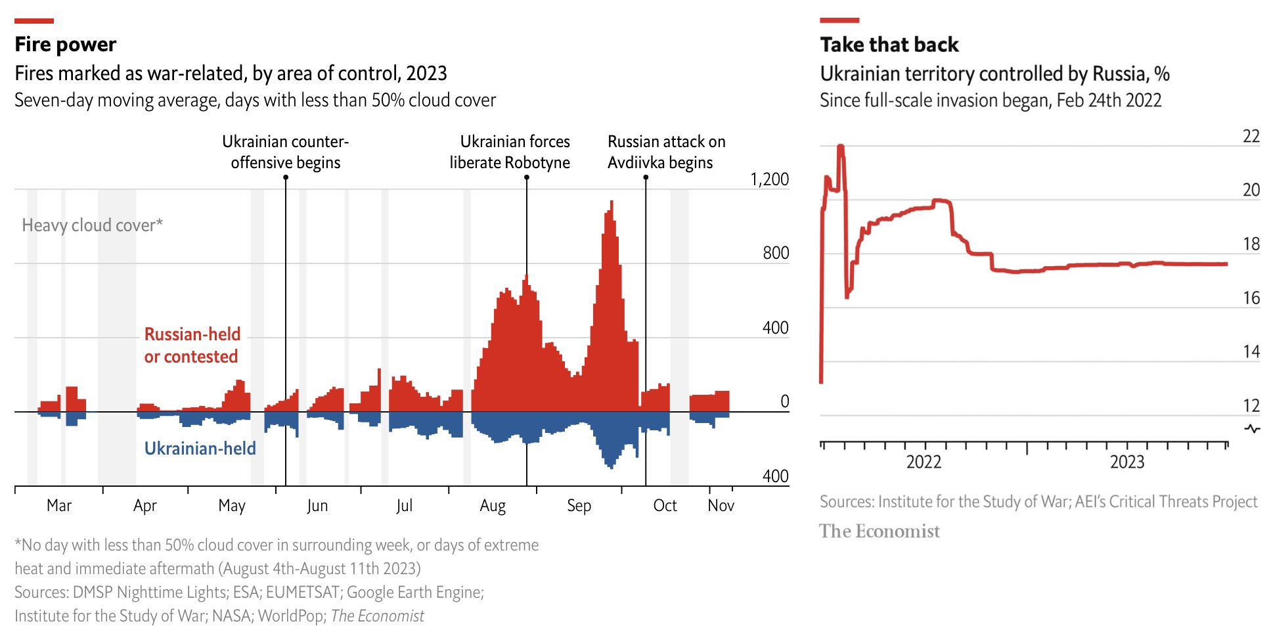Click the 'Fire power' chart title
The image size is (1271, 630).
(x=66, y=44)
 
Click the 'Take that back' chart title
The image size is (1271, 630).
(x=889, y=44)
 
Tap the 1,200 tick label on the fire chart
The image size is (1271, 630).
(x=769, y=179)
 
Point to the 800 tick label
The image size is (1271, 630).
(x=776, y=253)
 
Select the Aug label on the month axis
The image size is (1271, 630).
(x=493, y=505)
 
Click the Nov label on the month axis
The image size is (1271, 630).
(x=721, y=505)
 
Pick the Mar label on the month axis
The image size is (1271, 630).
(x=59, y=505)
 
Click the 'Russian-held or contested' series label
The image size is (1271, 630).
(x=192, y=345)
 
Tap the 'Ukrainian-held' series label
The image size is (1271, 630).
(x=200, y=448)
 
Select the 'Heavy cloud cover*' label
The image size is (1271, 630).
(x=92, y=225)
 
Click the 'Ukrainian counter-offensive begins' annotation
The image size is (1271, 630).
(x=285, y=152)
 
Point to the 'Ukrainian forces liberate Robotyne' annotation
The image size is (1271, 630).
(x=510, y=152)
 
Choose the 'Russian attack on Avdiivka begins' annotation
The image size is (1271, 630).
(x=666, y=152)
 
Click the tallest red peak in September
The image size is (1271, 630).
(x=612, y=202)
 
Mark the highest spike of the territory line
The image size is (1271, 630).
(x=841, y=147)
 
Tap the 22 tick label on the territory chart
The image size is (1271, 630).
(x=1251, y=137)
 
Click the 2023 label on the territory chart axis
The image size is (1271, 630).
(x=1127, y=462)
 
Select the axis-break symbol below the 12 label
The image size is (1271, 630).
(x=1253, y=429)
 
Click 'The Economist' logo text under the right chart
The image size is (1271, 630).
(x=879, y=531)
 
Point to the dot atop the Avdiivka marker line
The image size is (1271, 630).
(x=646, y=177)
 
